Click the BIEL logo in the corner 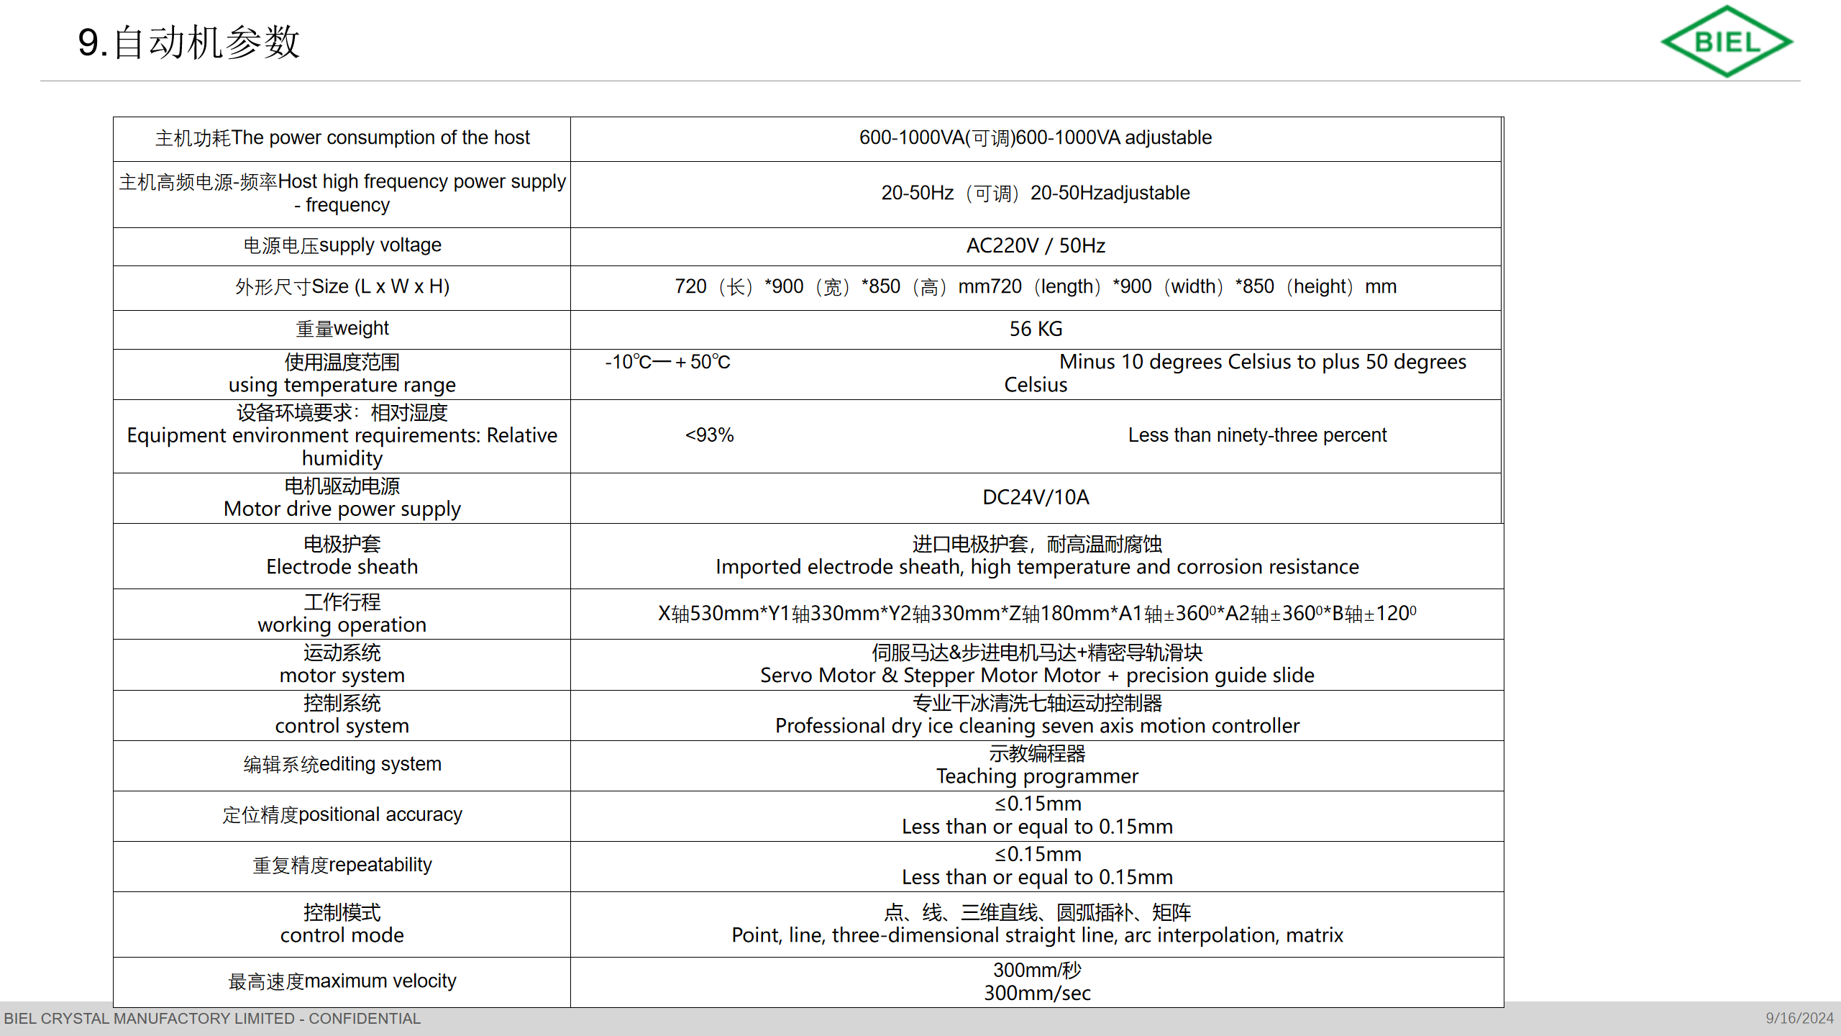(1726, 42)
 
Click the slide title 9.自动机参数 (188, 42)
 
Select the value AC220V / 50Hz (1036, 246)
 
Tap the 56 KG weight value (1036, 329)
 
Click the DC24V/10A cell (1036, 497)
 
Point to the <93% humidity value (709, 435)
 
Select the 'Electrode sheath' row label (342, 567)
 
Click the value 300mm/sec (1037, 994)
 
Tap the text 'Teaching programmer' (1037, 776)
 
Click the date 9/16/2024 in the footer (1799, 1019)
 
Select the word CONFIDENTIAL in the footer (365, 1019)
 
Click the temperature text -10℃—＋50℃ (667, 362)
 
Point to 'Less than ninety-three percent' (1257, 435)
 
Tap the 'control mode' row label (342, 935)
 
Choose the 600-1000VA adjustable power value (1036, 137)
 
